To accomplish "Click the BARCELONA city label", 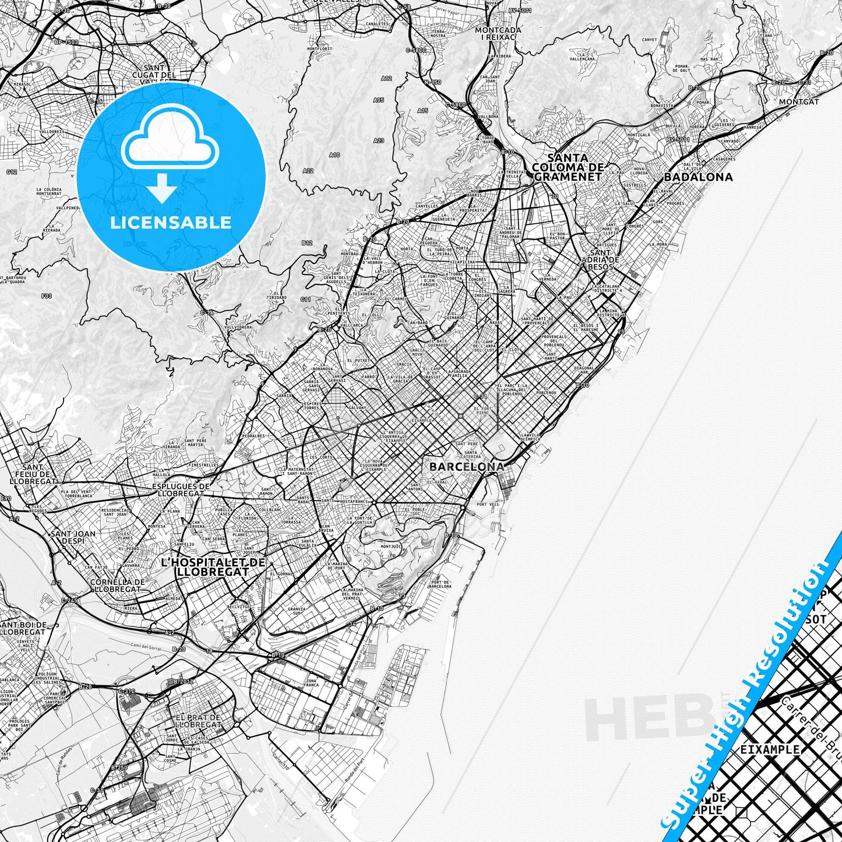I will click(467, 467).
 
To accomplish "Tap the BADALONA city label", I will click(699, 177).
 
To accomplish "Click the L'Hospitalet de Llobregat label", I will click(213, 567).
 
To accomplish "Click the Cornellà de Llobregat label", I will click(118, 585).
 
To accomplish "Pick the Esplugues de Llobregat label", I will click(180, 489).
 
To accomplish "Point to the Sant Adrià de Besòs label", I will click(601, 260).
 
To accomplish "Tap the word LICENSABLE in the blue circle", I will click(171, 222).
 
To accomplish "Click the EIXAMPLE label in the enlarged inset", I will click(770, 749).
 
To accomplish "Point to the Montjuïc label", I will click(390, 547).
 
